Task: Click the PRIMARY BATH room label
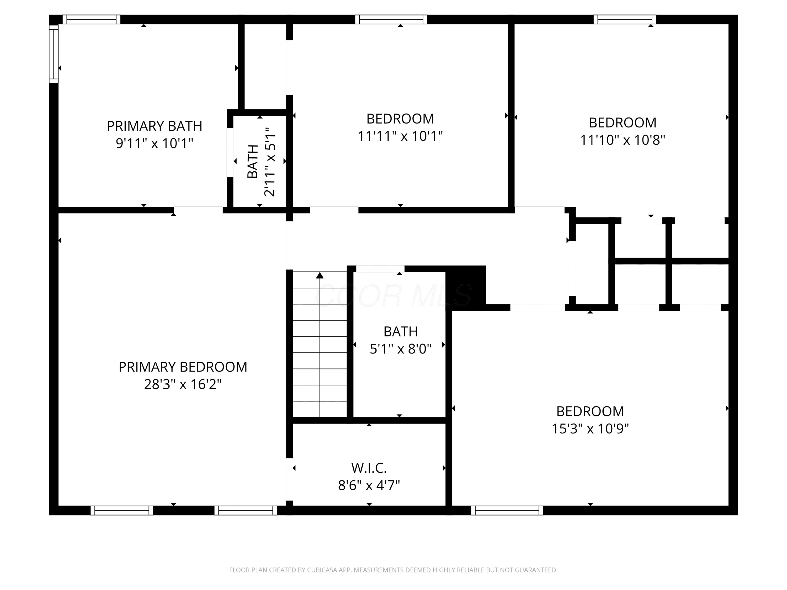[155, 126]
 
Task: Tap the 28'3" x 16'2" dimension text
[183, 384]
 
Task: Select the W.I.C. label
[369, 468]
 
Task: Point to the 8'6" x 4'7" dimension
[369, 485]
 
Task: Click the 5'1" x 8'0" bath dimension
[401, 349]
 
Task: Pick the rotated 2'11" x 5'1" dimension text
[269, 162]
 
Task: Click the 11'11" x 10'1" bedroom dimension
[400, 136]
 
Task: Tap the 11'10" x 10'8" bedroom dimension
[623, 140]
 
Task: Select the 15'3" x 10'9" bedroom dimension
[590, 428]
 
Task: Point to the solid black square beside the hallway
[466, 287]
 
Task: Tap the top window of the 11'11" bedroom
[391, 20]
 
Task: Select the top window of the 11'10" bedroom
[625, 20]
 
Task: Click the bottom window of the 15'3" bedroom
[507, 510]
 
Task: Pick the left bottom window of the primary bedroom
[122, 510]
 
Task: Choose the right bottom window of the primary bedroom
[246, 510]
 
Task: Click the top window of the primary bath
[92, 20]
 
